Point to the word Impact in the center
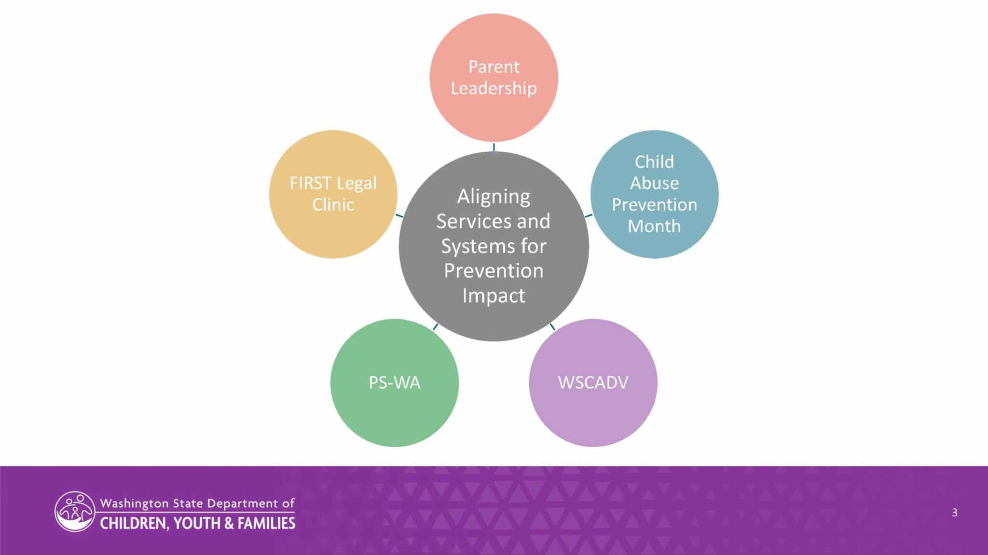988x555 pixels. coord(494,296)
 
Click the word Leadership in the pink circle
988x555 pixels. coord(494,89)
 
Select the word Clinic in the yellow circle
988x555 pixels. coord(333,205)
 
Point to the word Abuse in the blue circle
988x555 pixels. coord(654,183)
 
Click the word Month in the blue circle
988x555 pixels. coord(654,226)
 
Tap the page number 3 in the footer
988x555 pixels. coord(954,513)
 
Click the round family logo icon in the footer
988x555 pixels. coord(74,512)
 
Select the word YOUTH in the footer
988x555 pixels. coord(195,523)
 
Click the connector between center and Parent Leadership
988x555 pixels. coord(494,147)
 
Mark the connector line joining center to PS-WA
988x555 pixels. coord(436,327)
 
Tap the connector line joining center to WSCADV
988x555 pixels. coord(552,327)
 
